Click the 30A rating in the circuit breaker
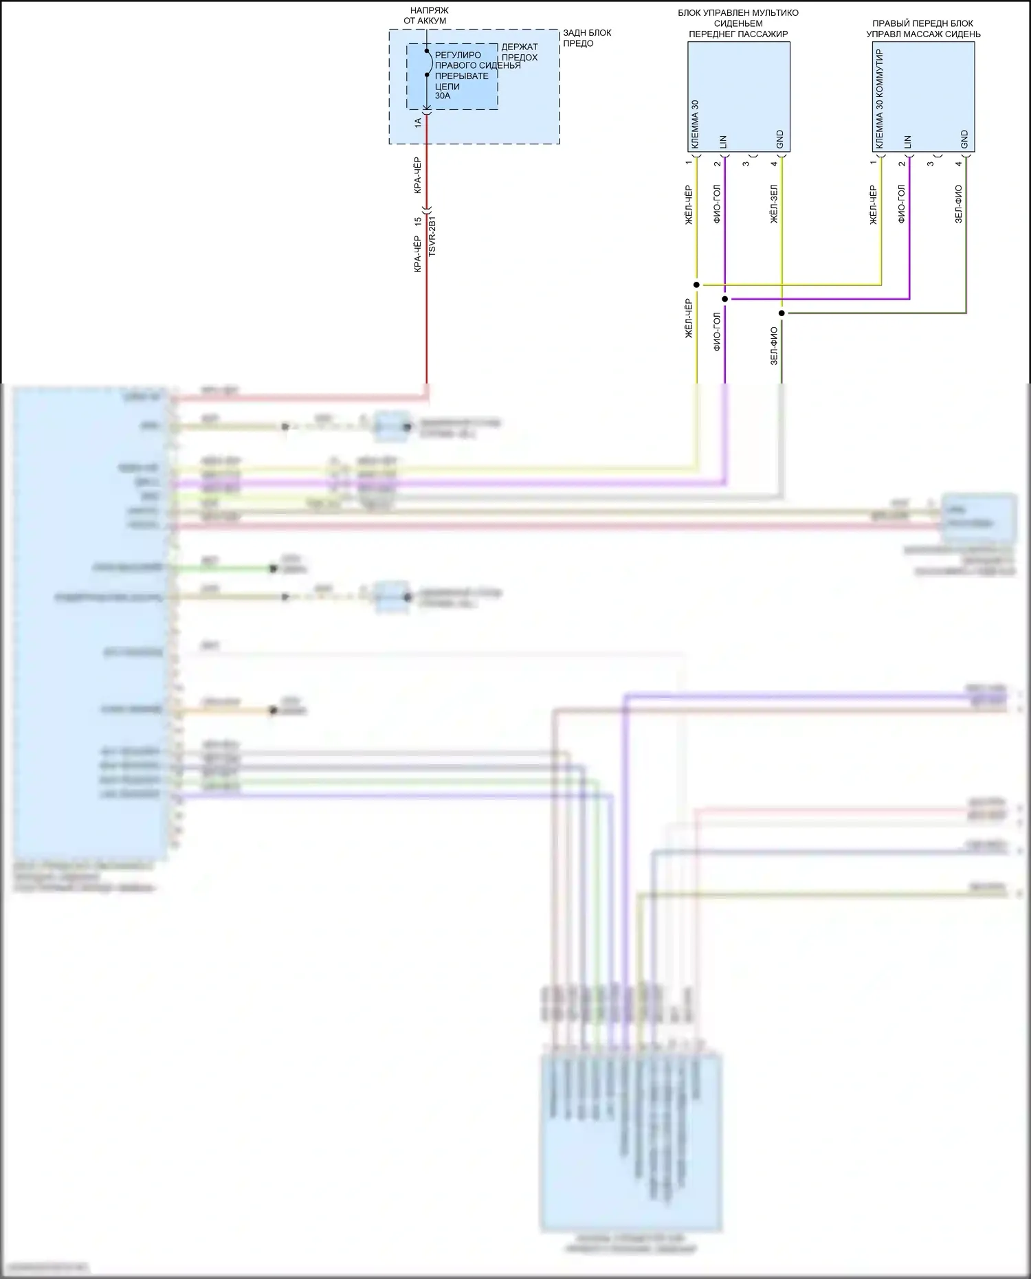pos(443,96)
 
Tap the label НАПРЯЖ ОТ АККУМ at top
pos(426,16)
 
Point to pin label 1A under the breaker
pos(418,122)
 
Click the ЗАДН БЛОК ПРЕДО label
pos(587,38)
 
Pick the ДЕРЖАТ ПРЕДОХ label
pos(520,52)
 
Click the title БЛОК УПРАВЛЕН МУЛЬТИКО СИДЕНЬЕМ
pos(738,18)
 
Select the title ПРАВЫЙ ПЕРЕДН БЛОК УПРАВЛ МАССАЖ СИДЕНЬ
pos(923,29)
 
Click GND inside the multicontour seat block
pos(780,140)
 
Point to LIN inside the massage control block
pos(908,142)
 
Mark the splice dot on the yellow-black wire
pos(697,285)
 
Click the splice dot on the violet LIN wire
pos(725,299)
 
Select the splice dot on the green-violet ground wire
pos(781,313)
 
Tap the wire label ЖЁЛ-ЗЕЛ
pos(774,205)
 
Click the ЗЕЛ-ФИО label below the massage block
pos(959,204)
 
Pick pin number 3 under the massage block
pos(931,164)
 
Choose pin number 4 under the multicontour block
pos(775,164)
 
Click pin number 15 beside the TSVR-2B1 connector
pos(418,222)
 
